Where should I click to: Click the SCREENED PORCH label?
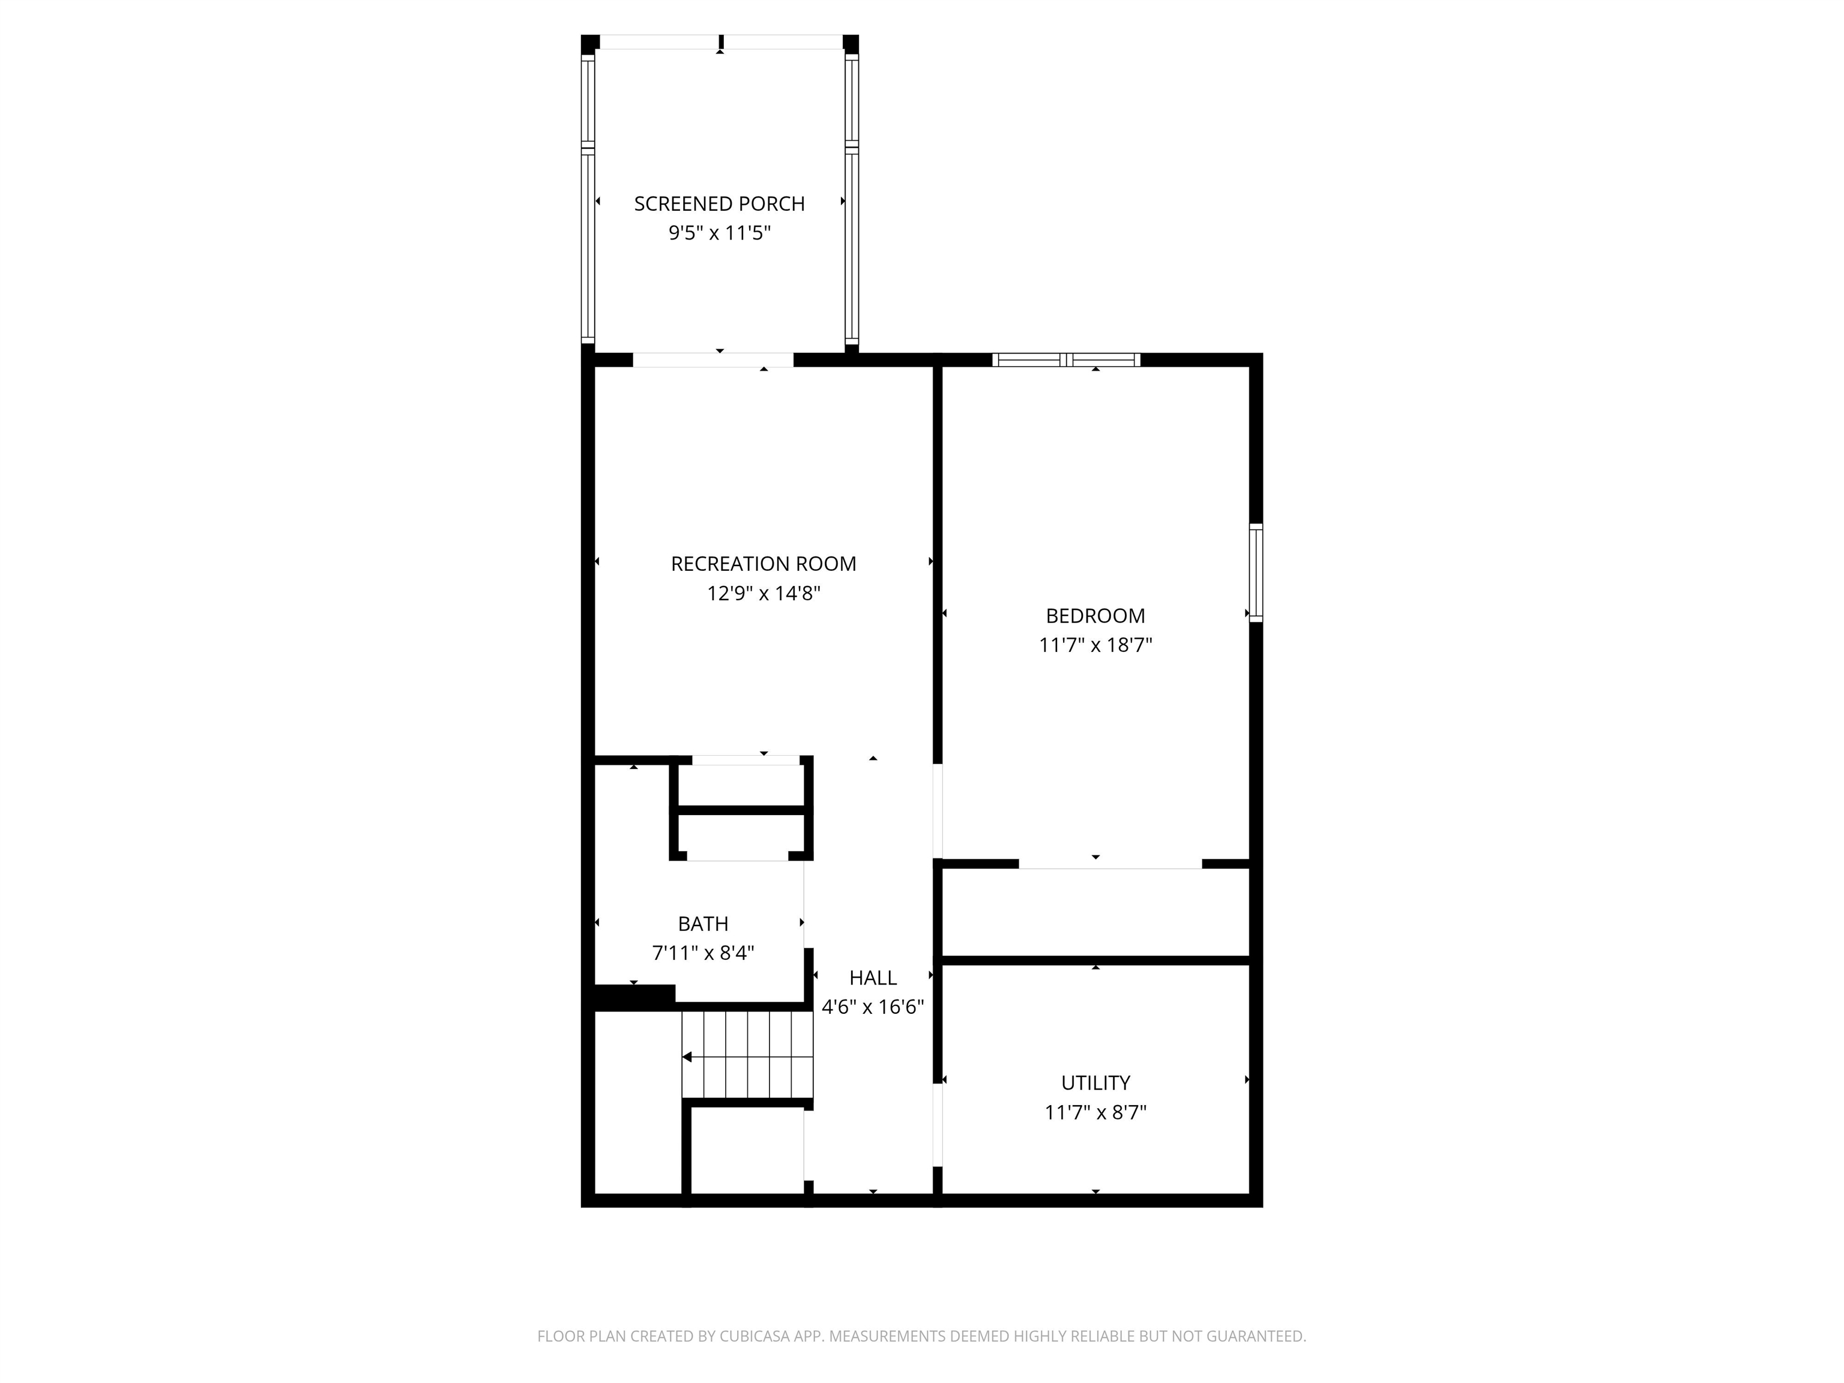[x=719, y=203]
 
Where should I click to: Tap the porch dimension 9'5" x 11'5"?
[x=719, y=232]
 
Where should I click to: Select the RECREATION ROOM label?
[x=763, y=564]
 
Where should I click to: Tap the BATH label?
[x=703, y=924]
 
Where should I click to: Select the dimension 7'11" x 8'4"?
[x=703, y=953]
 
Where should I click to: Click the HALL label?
[x=872, y=978]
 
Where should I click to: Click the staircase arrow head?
[x=687, y=1057]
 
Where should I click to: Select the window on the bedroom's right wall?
[x=1256, y=573]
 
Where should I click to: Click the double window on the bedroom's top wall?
[x=1065, y=360]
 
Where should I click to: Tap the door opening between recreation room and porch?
[x=713, y=360]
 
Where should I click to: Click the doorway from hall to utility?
[x=937, y=1124]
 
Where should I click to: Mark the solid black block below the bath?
[x=633, y=997]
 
